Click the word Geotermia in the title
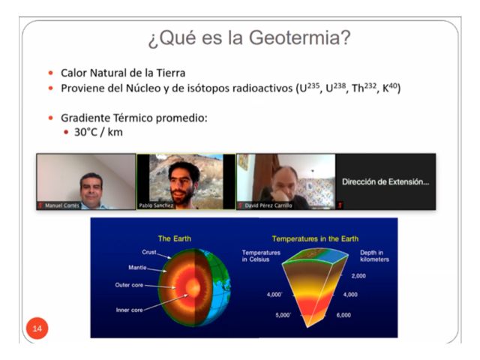pos(299,37)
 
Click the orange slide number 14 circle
pos(37,328)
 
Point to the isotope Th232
pos(364,88)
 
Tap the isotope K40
pos(390,88)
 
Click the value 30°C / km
pos(98,132)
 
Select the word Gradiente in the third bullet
pos(85,118)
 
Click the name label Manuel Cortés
pos(62,205)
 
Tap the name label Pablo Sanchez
pos(156,205)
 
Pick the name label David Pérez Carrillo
pos(268,205)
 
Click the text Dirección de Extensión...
pos(385,181)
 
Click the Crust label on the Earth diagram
pos(149,252)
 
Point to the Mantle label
pos(137,268)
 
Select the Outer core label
pos(129,285)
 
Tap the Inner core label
pos(129,310)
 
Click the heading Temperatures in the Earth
pos(315,238)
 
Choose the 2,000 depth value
pos(358,276)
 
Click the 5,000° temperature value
pos(283,315)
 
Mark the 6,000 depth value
pos(343,315)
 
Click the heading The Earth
pos(175,238)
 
